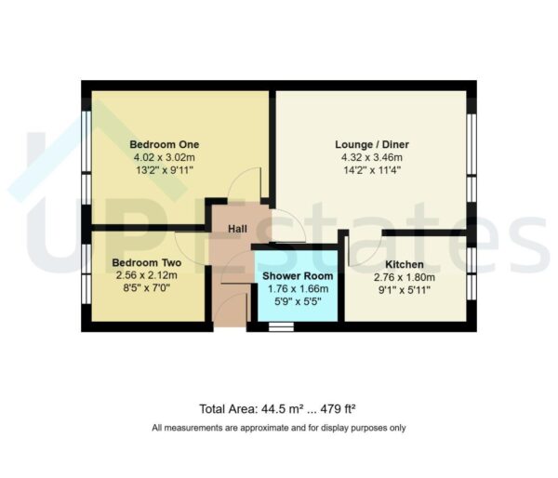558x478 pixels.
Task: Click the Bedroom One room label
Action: pos(164,145)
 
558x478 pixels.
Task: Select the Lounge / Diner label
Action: pos(372,145)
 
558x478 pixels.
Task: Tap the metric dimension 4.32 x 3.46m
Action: pos(372,157)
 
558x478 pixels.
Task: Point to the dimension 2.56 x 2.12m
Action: pos(147,276)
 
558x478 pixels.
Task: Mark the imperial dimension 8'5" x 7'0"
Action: pos(147,288)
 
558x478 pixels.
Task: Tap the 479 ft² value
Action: pos(339,409)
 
